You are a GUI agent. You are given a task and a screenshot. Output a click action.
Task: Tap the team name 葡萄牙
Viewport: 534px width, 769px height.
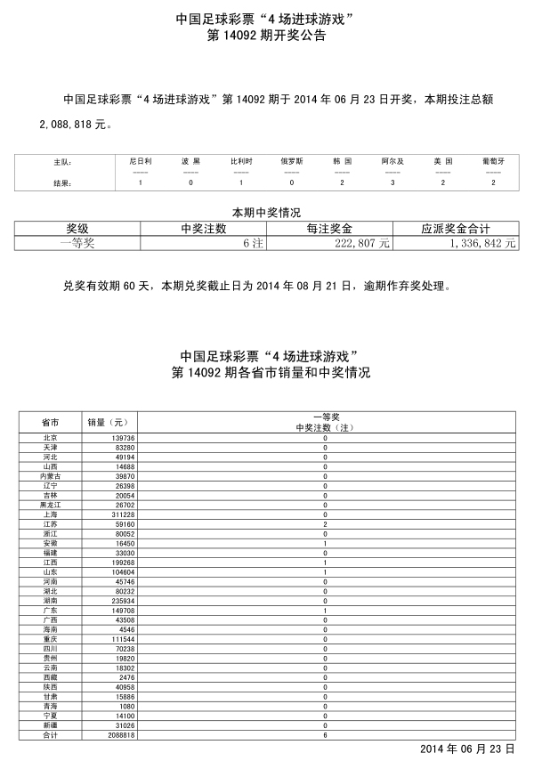(x=493, y=161)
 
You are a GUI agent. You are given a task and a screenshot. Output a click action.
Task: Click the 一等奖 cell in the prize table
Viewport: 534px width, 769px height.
(x=77, y=243)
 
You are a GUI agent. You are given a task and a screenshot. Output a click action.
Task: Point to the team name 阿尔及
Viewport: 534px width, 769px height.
(x=392, y=161)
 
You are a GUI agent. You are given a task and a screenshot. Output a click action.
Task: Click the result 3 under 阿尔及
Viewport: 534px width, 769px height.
(x=392, y=182)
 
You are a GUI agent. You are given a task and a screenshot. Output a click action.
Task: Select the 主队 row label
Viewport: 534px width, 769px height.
(x=62, y=162)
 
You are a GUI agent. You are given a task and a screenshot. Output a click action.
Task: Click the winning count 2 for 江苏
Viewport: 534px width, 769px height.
(x=325, y=525)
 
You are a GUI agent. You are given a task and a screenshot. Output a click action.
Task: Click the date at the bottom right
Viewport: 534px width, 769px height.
(x=467, y=749)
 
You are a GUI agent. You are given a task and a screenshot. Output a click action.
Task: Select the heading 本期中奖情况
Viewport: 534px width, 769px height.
(x=266, y=213)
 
